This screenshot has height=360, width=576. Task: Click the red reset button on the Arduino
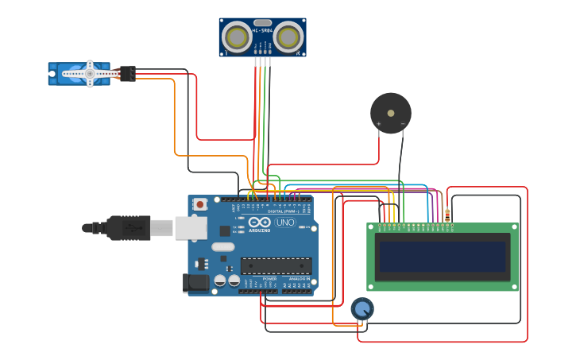(200, 204)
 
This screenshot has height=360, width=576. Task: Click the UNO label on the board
(284, 223)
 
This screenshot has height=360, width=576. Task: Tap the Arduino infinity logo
(259, 223)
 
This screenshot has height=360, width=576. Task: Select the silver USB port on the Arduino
(191, 228)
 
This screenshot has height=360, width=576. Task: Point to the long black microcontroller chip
(276, 265)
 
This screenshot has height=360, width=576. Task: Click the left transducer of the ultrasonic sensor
(236, 37)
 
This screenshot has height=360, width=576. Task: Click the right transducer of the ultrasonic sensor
(289, 37)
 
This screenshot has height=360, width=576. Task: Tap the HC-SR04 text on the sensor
(262, 31)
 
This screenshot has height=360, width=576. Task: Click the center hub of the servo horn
(90, 74)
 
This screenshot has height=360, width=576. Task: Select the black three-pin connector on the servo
(127, 73)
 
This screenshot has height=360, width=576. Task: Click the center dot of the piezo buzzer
(391, 113)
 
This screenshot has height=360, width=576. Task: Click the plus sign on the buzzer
(378, 124)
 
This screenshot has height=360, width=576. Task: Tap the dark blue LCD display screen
(442, 257)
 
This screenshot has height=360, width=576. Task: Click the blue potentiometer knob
(361, 308)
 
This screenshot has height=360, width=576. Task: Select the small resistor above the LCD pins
(447, 215)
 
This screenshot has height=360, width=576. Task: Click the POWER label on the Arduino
(269, 280)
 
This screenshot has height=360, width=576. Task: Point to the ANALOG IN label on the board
(299, 280)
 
